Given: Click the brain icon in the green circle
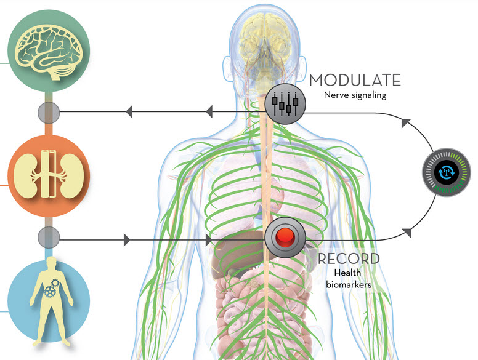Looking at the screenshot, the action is (x=49, y=51).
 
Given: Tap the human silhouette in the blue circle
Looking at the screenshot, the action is (x=51, y=300).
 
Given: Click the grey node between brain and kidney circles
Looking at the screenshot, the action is (x=49, y=113).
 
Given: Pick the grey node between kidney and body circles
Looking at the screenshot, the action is (x=49, y=238).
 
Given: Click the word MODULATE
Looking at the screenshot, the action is (x=355, y=80).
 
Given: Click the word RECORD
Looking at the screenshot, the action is (x=349, y=259).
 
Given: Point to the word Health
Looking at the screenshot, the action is (x=347, y=273).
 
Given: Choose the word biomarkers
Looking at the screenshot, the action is (x=349, y=285).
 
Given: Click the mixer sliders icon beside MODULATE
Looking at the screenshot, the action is (x=285, y=103).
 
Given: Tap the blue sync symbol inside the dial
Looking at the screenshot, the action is (x=447, y=172).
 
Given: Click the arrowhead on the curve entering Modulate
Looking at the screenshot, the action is (x=406, y=122).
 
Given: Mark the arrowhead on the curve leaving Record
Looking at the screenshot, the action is (x=407, y=233).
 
